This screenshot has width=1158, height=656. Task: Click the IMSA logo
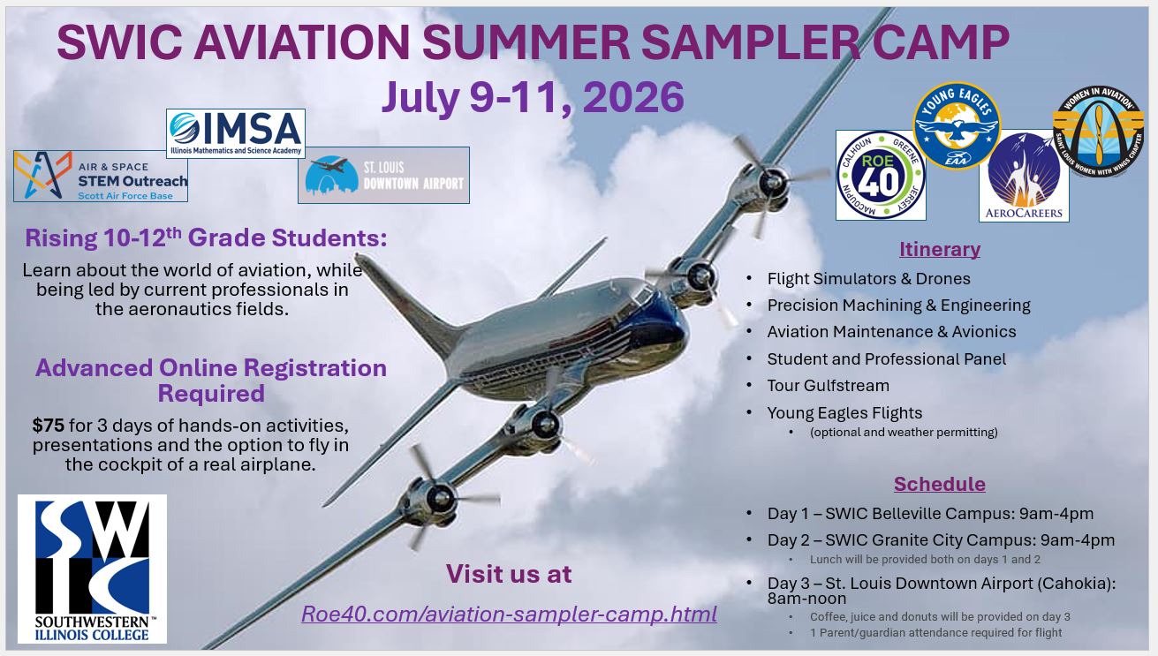tap(236, 133)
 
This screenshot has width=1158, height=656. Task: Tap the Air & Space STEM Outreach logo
tap(101, 176)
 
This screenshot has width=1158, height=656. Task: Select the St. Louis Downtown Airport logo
tap(383, 175)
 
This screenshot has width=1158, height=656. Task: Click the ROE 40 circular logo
tap(881, 175)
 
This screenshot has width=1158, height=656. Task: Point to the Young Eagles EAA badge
tap(956, 126)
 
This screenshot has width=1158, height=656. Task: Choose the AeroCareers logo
tap(1024, 177)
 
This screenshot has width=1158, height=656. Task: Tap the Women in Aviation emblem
tap(1098, 132)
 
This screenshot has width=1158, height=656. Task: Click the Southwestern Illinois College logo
tap(93, 569)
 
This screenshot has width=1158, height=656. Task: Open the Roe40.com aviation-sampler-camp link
tap(509, 614)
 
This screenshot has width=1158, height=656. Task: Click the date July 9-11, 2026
tap(533, 97)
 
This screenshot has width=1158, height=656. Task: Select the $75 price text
tap(49, 426)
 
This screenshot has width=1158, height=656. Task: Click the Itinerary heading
tap(939, 249)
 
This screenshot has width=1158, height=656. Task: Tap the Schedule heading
tap(939, 484)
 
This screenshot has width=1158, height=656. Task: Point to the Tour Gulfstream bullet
tap(828, 386)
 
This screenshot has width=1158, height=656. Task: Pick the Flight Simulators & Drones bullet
tap(868, 279)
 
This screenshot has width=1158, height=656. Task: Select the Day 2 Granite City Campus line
tap(941, 540)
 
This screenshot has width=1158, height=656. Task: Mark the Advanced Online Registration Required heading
tap(211, 380)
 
